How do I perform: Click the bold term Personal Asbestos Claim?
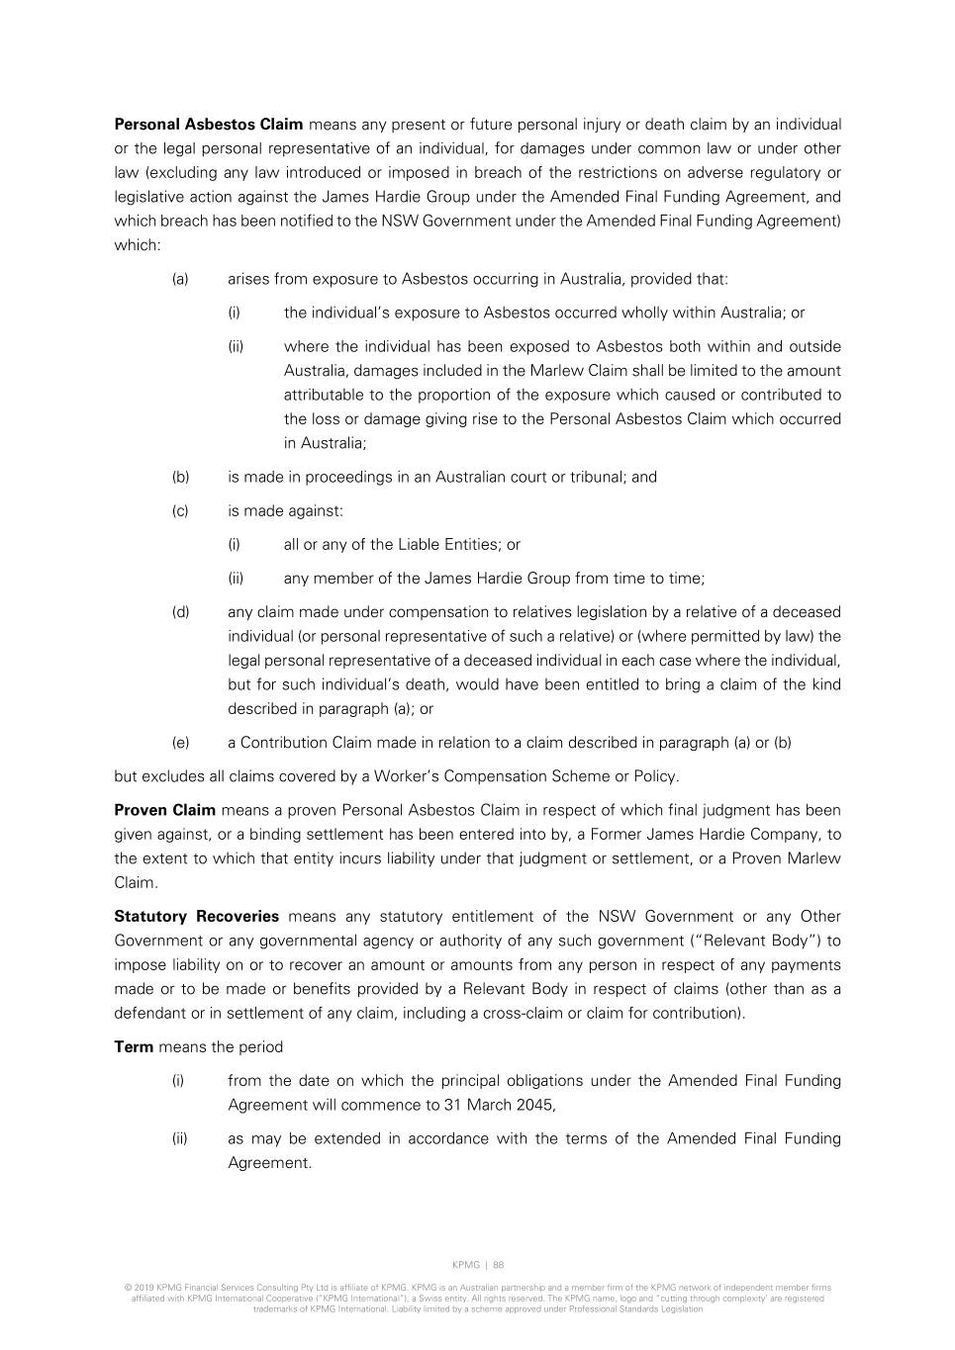pyautogui.click(x=209, y=125)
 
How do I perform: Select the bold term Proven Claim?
pyautogui.click(x=164, y=810)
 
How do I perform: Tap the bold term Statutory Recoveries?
pyautogui.click(x=196, y=917)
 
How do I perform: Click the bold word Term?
pyautogui.click(x=134, y=1047)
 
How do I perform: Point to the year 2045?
pyautogui.click(x=535, y=1106)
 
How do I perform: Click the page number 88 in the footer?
pyautogui.click(x=499, y=1265)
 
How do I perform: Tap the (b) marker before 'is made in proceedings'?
pyautogui.click(x=180, y=477)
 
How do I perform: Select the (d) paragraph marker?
pyautogui.click(x=180, y=612)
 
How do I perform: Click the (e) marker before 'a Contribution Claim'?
pyautogui.click(x=180, y=743)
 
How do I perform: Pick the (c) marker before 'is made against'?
pyautogui.click(x=180, y=511)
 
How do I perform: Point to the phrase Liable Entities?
pyautogui.click(x=448, y=545)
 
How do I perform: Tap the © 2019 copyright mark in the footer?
pyautogui.click(x=139, y=1288)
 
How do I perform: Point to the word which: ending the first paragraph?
pyautogui.click(x=138, y=245)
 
